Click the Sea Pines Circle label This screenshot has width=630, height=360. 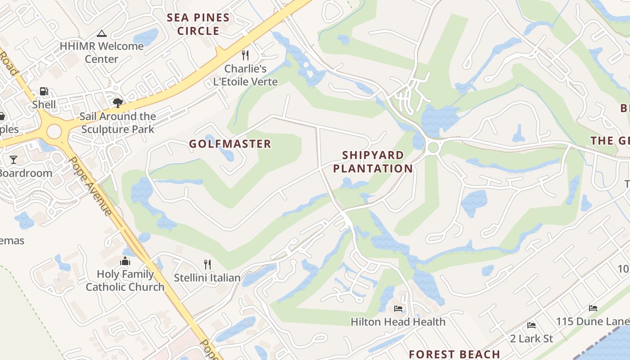click(198, 24)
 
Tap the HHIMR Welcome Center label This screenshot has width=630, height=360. click(102, 52)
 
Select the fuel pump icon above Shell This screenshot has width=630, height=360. click(44, 91)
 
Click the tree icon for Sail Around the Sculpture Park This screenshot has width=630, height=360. click(118, 103)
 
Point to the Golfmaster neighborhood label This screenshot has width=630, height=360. click(230, 144)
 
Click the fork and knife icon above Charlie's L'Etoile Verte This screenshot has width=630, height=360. click(245, 55)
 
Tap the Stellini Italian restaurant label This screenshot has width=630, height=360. click(207, 278)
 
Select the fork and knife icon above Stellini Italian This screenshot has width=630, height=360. click(207, 264)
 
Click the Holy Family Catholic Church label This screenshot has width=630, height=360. click(125, 280)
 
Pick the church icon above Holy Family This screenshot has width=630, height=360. click(125, 261)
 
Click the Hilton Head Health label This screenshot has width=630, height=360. click(398, 322)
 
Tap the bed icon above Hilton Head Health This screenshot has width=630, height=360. click(398, 309)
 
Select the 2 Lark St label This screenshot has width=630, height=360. click(531, 338)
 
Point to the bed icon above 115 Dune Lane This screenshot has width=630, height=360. click(593, 308)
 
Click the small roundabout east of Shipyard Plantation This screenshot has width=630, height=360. click(433, 147)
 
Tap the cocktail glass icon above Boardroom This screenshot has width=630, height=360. click(13, 160)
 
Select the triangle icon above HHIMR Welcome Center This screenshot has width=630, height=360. click(102, 33)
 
